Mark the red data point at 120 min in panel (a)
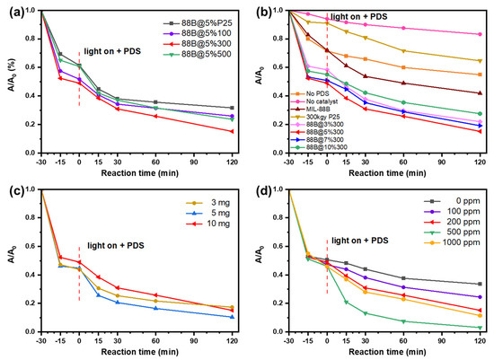click(234, 132)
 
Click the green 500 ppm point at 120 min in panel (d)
click(479, 328)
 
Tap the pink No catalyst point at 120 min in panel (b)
click(479, 34)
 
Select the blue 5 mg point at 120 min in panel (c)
click(234, 316)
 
